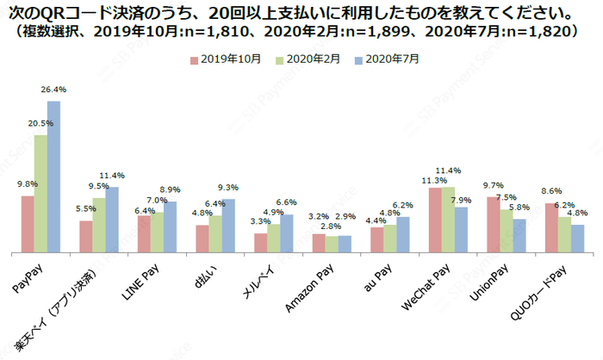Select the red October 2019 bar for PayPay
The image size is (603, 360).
click(28, 224)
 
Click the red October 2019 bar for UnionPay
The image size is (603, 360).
click(493, 225)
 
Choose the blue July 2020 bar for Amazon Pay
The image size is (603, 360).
click(345, 244)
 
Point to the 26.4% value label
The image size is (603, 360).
click(53, 90)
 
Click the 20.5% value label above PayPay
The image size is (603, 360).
click(40, 124)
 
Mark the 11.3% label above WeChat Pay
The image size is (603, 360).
click(433, 180)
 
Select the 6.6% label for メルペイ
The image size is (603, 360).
click(286, 203)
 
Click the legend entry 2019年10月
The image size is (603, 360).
click(223, 59)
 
